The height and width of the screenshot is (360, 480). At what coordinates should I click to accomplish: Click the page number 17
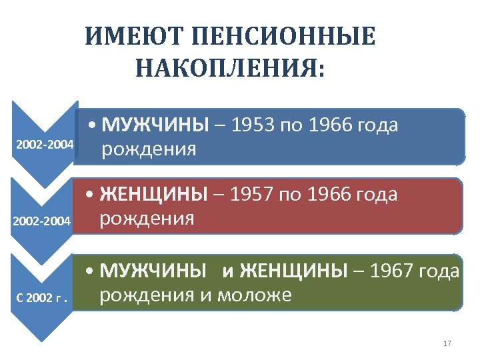click(447, 343)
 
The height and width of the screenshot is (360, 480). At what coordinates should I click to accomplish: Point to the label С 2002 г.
click(43, 297)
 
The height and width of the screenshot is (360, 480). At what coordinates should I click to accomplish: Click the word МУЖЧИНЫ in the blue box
click(155, 125)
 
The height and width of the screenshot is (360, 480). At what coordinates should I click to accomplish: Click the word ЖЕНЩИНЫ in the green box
click(293, 271)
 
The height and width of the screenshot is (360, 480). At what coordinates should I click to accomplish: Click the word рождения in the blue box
click(148, 149)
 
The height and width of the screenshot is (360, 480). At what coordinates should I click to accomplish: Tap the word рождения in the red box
click(147, 218)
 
